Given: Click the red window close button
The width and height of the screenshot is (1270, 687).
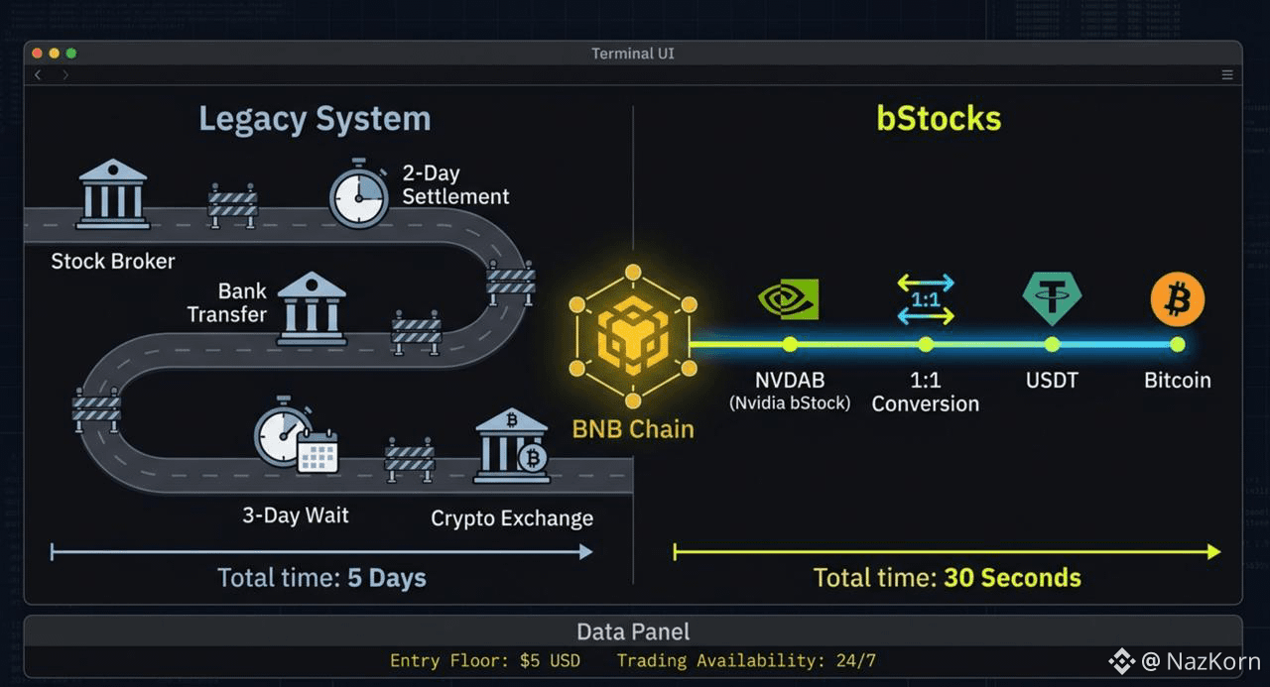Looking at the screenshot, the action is point(38,54).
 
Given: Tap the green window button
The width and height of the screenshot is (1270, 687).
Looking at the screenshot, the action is point(71,54).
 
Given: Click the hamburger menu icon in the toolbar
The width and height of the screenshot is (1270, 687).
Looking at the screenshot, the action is point(1227,74).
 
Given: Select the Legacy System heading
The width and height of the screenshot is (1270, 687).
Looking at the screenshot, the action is point(315,120).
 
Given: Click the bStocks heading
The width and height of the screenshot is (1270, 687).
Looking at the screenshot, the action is point(939,118).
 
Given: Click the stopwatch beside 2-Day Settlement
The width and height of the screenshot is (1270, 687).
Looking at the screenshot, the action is point(359,193).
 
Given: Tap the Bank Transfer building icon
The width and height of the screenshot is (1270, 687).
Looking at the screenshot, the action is point(312,308).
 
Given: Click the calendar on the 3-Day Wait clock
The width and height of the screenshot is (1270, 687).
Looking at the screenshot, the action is point(318,451).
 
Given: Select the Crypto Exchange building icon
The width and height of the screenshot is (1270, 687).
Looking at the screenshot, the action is point(512,446).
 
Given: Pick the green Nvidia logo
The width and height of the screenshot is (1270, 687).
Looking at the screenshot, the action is point(789,298).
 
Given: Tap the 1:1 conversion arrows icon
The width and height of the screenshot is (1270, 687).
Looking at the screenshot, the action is point(926,299).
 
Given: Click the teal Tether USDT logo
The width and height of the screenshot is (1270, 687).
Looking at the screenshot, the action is point(1053,298).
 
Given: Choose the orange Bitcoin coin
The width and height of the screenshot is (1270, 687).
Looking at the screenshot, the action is point(1178,299).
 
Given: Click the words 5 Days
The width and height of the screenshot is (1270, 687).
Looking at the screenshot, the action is point(387,578).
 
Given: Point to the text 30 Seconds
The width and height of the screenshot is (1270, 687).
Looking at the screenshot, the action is point(1012,578).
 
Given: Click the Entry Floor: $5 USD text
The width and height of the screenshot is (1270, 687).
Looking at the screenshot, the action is point(485,661).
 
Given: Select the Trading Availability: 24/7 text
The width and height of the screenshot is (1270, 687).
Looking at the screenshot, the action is point(746,661).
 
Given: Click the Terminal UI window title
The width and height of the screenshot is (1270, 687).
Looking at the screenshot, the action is point(633,54).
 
